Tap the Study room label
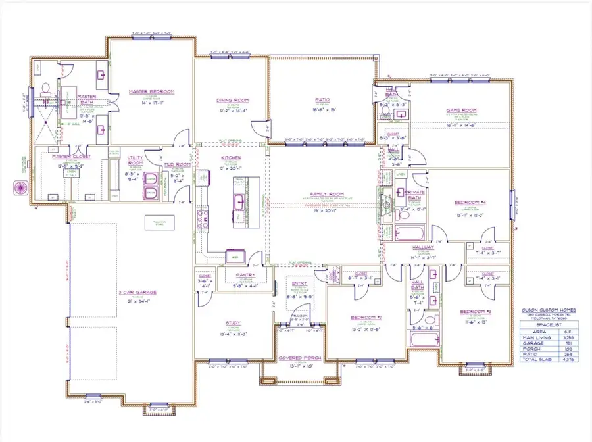tap(232, 323)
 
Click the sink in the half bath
tap(400, 114)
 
